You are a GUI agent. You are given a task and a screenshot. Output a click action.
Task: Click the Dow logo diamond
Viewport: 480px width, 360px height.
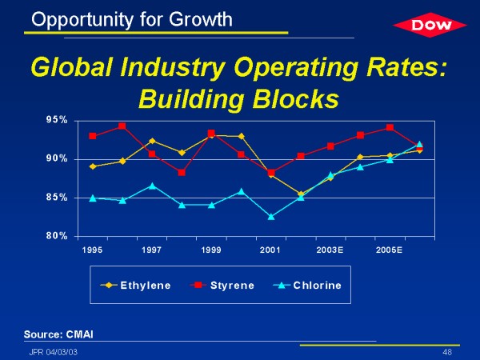click(x=428, y=26)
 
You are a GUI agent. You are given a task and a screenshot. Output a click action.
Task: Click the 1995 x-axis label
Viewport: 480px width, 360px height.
click(x=93, y=250)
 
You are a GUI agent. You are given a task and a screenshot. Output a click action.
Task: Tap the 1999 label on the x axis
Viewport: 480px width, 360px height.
click(x=211, y=250)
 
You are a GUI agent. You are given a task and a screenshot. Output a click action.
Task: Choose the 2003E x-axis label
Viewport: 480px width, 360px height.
click(x=330, y=250)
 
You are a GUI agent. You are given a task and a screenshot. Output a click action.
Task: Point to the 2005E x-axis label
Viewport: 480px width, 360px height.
click(x=389, y=250)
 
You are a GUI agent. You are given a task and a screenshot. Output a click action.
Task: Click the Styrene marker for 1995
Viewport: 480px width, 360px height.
click(x=93, y=136)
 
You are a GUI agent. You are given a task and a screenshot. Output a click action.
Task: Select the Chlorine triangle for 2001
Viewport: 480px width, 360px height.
click(x=270, y=216)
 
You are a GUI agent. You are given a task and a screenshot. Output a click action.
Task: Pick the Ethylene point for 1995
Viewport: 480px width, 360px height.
click(x=93, y=166)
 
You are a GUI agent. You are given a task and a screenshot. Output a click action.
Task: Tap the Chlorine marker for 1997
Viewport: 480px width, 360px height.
click(x=152, y=186)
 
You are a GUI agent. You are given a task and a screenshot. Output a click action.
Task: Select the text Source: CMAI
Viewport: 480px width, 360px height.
click(x=64, y=332)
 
